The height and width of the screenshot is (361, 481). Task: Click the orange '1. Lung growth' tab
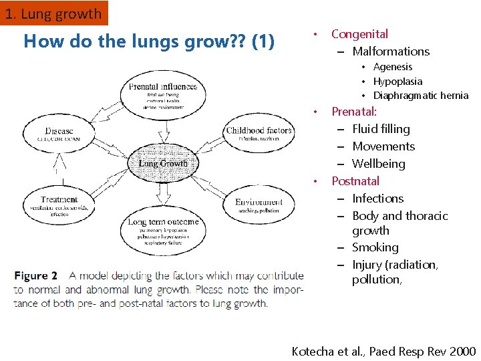[x=53, y=13]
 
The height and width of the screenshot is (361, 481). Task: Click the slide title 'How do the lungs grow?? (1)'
[x=148, y=41]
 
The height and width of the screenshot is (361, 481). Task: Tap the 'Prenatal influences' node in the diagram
[x=163, y=94]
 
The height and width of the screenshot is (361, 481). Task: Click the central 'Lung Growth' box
[x=163, y=163]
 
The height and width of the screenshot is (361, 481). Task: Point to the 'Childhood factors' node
[x=259, y=134]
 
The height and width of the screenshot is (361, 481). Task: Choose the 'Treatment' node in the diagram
[x=59, y=203]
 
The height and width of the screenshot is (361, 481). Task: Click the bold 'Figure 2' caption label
[x=35, y=275]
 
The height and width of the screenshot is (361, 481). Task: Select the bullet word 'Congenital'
[x=359, y=34]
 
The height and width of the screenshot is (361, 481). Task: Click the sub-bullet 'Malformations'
[x=391, y=51]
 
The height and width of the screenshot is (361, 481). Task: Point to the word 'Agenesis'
[x=393, y=67]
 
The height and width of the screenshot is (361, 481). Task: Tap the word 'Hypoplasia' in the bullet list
[x=397, y=82]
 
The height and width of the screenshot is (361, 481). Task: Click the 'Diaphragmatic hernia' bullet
[x=421, y=96]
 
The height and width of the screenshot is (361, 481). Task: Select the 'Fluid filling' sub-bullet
[x=381, y=129]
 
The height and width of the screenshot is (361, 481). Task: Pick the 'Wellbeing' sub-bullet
[x=378, y=164]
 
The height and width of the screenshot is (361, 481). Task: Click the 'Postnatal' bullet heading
[x=355, y=181]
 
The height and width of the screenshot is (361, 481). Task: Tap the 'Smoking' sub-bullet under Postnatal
[x=375, y=247]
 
